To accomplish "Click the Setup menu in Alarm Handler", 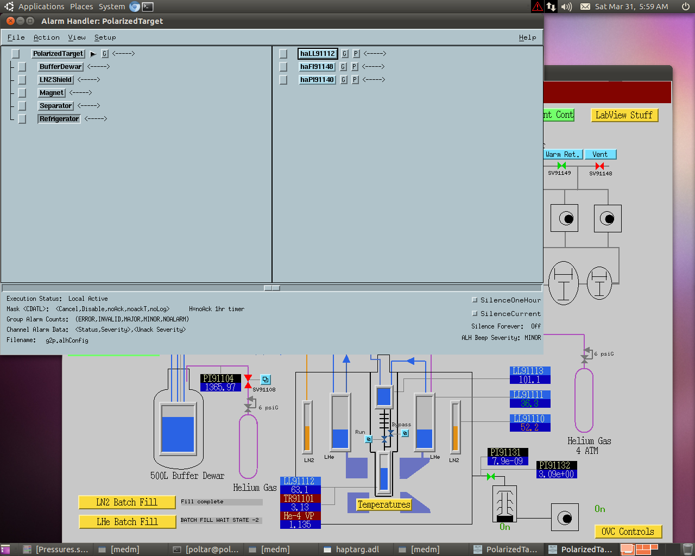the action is (x=105, y=37).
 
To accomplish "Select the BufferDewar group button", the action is (x=60, y=67).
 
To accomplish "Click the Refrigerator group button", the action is (x=59, y=118).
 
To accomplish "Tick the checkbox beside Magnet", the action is (x=22, y=93).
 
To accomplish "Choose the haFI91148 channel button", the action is (x=317, y=67).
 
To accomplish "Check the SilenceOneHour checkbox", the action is (x=475, y=300).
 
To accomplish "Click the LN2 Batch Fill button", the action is (x=127, y=502).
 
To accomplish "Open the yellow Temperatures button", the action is (x=384, y=504).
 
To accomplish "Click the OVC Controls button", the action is (x=628, y=532).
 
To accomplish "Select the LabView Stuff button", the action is (x=624, y=115).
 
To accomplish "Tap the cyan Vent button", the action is (x=600, y=154).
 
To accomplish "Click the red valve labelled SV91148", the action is (x=600, y=166).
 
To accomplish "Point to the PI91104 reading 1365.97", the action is (x=220, y=387).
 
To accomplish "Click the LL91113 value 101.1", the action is (x=530, y=380).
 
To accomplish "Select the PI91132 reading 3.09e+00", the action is (x=557, y=474).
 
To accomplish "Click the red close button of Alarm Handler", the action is (x=11, y=21).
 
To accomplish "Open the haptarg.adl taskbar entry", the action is (x=357, y=549).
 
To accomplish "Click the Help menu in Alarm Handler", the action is (x=527, y=37).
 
